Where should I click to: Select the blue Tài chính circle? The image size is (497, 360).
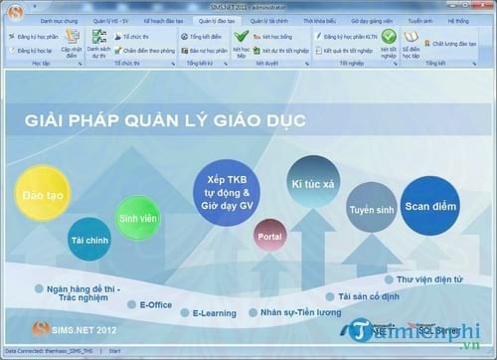coord(90,240)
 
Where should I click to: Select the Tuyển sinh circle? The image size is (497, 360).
coord(372,210)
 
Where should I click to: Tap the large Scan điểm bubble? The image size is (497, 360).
coord(430,204)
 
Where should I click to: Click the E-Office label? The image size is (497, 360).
coord(156,303)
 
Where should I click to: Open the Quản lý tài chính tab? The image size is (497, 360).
coord(270,20)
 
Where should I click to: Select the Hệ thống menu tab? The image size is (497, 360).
coord(460,20)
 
